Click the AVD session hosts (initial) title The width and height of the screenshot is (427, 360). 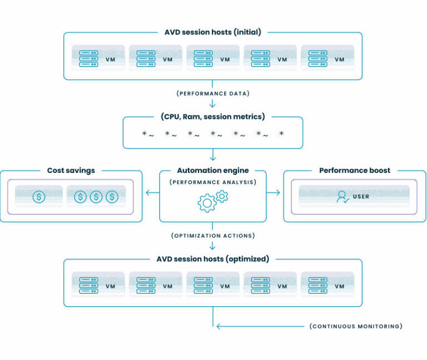click(x=213, y=32)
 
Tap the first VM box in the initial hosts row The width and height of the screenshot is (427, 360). click(x=98, y=57)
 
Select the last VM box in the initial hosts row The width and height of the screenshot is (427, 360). click(x=327, y=57)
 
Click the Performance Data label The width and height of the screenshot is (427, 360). click(x=213, y=93)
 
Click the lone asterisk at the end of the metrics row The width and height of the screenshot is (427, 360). click(x=281, y=134)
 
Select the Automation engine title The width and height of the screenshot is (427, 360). click(x=213, y=171)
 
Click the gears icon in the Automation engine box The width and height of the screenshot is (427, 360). click(x=213, y=201)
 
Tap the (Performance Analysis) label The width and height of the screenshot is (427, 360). click(x=213, y=182)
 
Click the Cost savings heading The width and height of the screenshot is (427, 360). click(x=71, y=171)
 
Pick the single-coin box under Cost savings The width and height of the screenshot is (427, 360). click(x=39, y=196)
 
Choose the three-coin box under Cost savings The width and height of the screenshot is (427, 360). click(x=96, y=196)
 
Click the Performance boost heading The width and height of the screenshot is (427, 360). click(x=355, y=171)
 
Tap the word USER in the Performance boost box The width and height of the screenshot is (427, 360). click(x=361, y=196)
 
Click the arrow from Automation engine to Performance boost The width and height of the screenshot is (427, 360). click(x=274, y=193)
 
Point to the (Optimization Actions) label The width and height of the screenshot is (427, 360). click(x=213, y=236)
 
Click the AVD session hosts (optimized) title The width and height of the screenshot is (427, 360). click(x=213, y=259)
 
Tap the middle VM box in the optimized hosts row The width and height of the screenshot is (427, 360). click(x=213, y=284)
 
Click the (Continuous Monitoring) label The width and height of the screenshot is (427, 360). click(x=355, y=326)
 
